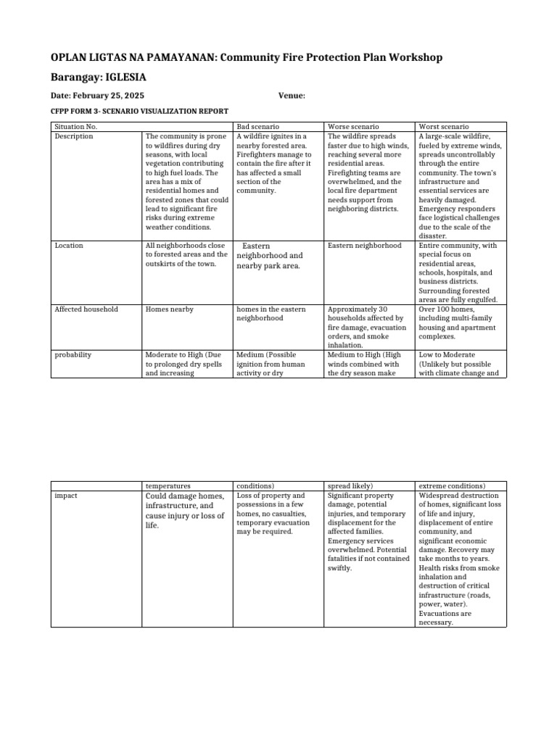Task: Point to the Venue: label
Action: pos(292,96)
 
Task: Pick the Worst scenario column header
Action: pos(444,127)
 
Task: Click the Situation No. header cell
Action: pos(76,127)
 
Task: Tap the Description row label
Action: pos(74,136)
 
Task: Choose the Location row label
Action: pos(69,246)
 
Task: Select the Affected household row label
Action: pos(86,309)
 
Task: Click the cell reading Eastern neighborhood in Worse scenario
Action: pos(364,246)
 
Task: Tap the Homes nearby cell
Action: pos(170,309)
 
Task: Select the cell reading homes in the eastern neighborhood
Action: pos(271,314)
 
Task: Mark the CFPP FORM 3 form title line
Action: pos(139,111)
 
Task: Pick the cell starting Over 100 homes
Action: pos(458,323)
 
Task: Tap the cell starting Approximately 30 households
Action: pos(366,328)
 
